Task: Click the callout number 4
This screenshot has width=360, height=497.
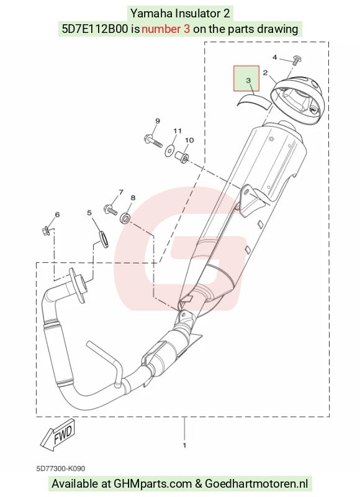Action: tap(274, 57)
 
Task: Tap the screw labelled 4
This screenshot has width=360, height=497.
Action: tap(297, 60)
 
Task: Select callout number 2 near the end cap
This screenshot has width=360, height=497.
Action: tap(265, 73)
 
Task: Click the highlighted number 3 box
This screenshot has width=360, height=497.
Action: tap(246, 78)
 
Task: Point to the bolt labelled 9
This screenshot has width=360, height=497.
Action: tap(153, 141)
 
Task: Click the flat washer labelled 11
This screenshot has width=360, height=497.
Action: tap(169, 150)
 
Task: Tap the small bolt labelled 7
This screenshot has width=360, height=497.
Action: tap(110, 209)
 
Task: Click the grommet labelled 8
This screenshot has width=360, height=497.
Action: tap(126, 217)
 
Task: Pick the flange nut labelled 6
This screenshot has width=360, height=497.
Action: tap(45, 230)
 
